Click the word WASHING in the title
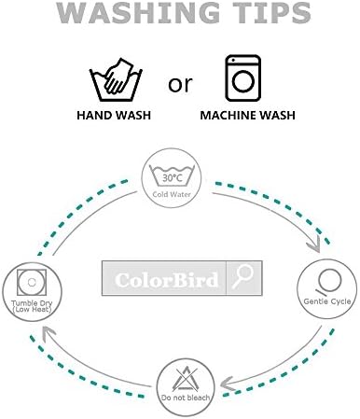click(138, 12)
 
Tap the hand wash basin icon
click(116, 79)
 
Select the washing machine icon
click(243, 78)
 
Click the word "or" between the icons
click(180, 84)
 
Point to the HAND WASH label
click(114, 116)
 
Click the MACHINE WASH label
click(247, 116)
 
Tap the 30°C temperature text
click(172, 178)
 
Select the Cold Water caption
click(172, 194)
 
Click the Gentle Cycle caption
click(327, 301)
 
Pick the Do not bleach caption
click(186, 398)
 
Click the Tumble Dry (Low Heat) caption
click(32, 306)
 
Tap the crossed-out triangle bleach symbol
click(186, 379)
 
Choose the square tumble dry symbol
click(32, 283)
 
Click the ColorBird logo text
click(166, 280)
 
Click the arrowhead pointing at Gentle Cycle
click(314, 244)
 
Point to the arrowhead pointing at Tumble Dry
click(48, 333)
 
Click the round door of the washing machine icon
click(243, 81)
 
